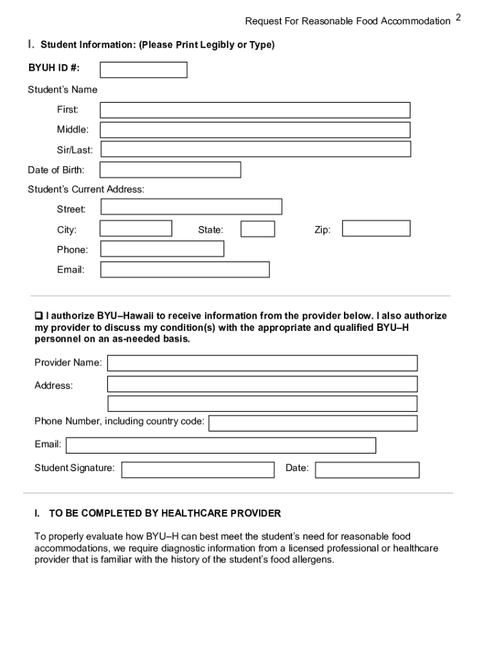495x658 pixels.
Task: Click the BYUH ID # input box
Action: tap(143, 70)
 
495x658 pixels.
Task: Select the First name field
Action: tap(255, 111)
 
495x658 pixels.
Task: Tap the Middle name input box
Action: tap(255, 130)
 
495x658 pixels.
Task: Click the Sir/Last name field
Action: tap(255, 150)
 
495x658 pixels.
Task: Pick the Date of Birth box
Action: tap(170, 170)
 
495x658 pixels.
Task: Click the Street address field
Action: tap(191, 207)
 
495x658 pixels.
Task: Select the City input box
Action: tap(136, 229)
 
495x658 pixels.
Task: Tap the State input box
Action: tap(258, 229)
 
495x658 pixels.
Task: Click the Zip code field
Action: tap(376, 229)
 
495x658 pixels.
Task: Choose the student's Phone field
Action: tap(162, 249)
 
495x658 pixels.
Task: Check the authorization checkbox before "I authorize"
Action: tap(38, 316)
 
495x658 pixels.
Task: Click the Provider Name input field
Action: tap(262, 363)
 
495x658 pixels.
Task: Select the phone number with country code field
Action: tap(313, 423)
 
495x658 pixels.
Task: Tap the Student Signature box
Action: tap(197, 470)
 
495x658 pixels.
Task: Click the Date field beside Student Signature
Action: tap(367, 470)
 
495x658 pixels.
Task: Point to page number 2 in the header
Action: tap(458, 17)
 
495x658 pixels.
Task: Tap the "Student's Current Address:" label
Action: tap(86, 190)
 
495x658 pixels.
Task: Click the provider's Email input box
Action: tap(221, 445)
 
